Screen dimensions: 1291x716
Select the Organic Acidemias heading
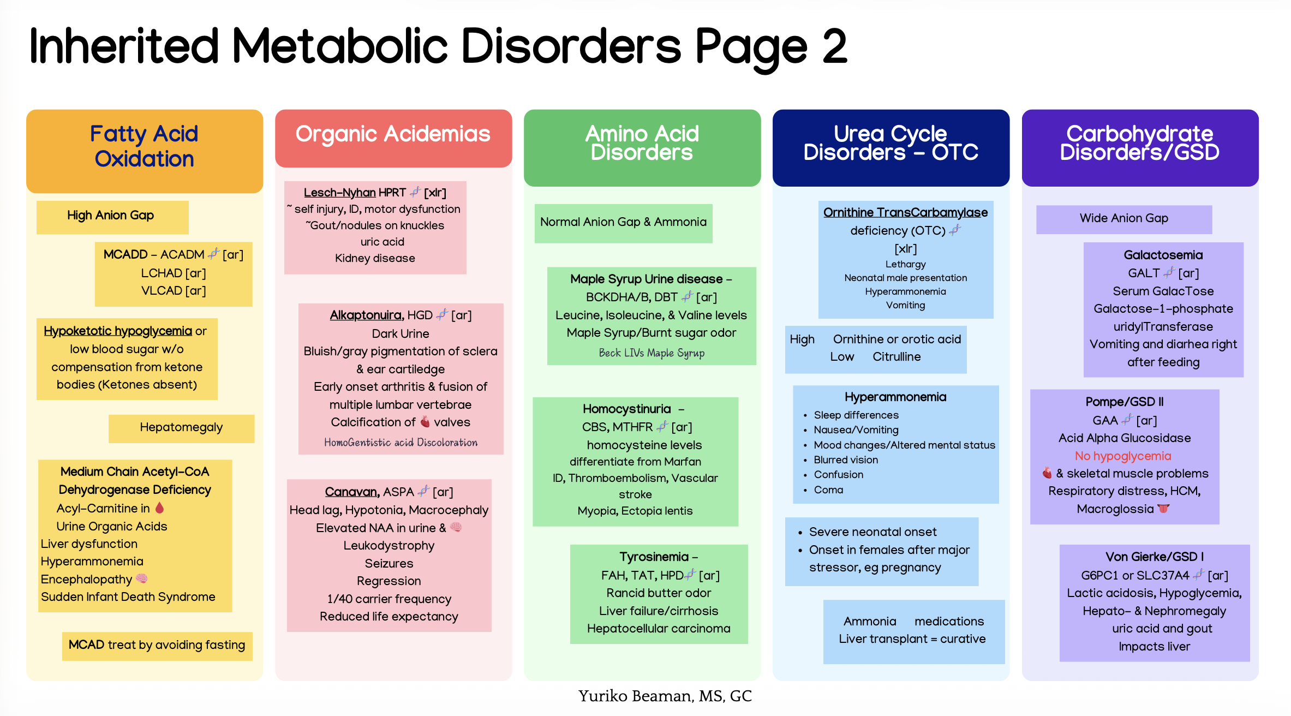(393, 134)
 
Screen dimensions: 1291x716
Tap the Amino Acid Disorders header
(642, 143)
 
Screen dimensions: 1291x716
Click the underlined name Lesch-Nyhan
(340, 193)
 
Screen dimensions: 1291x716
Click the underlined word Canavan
(352, 492)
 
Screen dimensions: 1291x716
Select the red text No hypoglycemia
(1123, 456)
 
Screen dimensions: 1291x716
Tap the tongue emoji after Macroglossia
(1164, 509)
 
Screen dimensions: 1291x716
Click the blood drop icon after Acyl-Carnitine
(159, 508)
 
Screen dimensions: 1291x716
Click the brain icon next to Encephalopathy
(142, 578)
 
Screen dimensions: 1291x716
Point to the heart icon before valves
(425, 422)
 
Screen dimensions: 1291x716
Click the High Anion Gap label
(111, 216)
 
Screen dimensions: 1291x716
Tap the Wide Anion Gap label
(1124, 218)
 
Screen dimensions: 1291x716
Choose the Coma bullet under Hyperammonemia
(828, 490)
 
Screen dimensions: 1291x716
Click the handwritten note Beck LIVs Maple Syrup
(652, 353)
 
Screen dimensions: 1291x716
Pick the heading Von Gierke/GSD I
(1155, 557)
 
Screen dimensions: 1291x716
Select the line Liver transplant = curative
(912, 639)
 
